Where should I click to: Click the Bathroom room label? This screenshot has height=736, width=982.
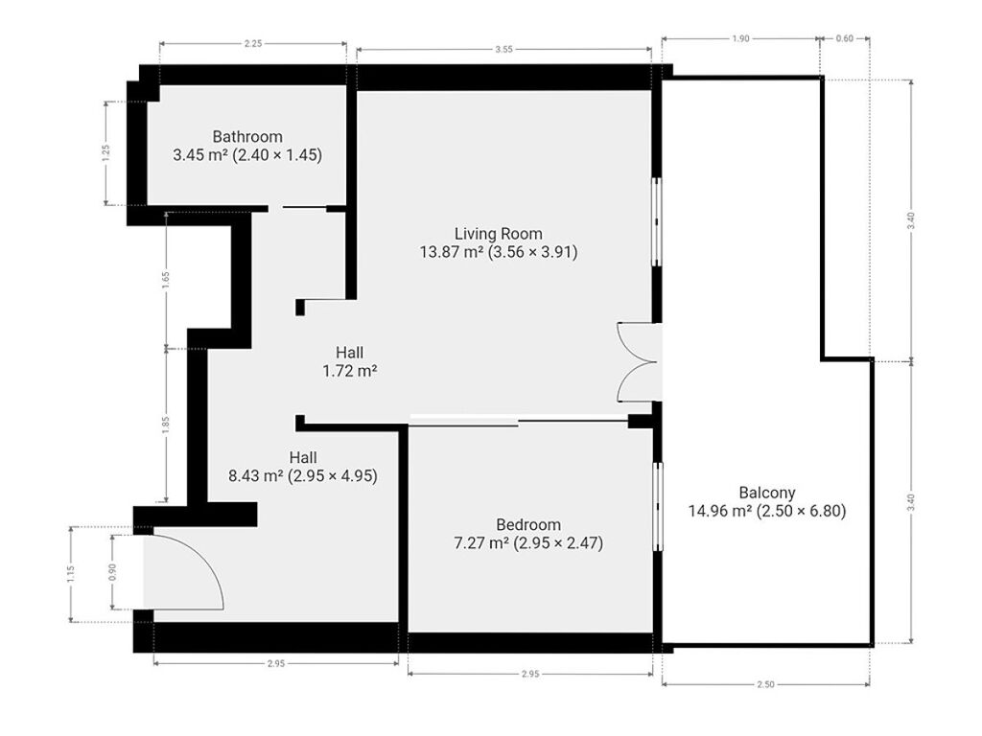point(247,136)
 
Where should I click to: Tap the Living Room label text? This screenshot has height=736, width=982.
point(498,234)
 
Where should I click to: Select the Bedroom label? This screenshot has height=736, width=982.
point(528,524)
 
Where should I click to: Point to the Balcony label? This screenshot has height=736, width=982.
point(766,493)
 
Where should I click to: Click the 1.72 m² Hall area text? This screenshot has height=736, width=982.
point(349,371)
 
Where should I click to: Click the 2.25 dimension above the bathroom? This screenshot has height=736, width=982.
point(253,44)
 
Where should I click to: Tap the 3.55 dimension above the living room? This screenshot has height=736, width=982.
point(503,49)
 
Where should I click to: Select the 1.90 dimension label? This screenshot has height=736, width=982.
point(740,38)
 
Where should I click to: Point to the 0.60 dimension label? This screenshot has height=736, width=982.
point(844,38)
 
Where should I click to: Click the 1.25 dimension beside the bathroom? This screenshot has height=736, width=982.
point(105,153)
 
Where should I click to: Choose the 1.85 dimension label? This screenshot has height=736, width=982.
point(165,425)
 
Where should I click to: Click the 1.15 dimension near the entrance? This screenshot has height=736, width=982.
point(70,575)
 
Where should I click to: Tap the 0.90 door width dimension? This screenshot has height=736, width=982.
point(112,572)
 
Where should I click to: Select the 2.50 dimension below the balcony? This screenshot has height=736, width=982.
point(765,684)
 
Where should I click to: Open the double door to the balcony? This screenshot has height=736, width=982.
point(637,361)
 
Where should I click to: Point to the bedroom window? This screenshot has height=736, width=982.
point(658,507)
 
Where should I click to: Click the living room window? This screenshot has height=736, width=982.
point(657,221)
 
